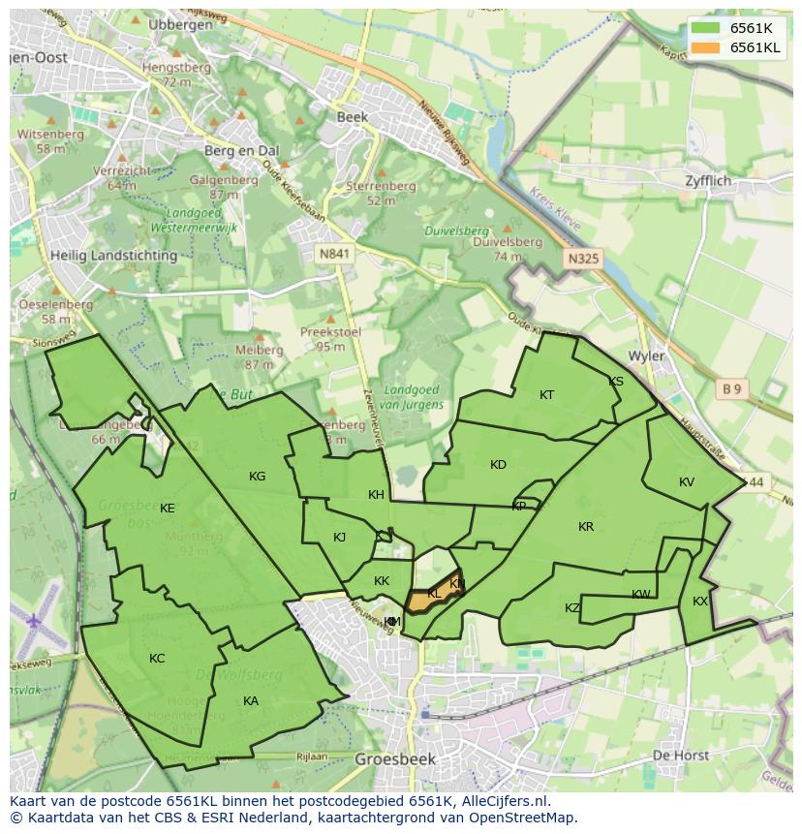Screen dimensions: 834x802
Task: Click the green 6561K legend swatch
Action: [706, 29]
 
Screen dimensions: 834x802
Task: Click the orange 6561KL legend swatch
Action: [706, 47]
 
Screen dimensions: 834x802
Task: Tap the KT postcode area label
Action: [547, 395]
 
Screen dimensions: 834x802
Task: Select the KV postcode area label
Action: [687, 482]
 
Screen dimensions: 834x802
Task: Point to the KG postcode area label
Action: [257, 477]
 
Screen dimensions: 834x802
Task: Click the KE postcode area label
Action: [168, 509]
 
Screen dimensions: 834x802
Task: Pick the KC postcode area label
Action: [157, 659]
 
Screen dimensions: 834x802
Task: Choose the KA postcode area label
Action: [251, 701]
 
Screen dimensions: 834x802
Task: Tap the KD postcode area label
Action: [498, 465]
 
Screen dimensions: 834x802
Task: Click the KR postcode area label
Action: [586, 527]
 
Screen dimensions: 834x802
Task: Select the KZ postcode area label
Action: [572, 608]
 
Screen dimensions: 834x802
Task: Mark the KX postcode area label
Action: [700, 602]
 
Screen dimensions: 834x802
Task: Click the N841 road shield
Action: [333, 253]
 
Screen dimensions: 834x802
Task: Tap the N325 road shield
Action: [583, 259]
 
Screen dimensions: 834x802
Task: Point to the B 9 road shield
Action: [731, 389]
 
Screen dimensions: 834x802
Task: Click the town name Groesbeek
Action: [394, 759]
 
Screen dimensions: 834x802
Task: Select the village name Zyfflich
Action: [708, 181]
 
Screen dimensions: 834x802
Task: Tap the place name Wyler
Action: [646, 355]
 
